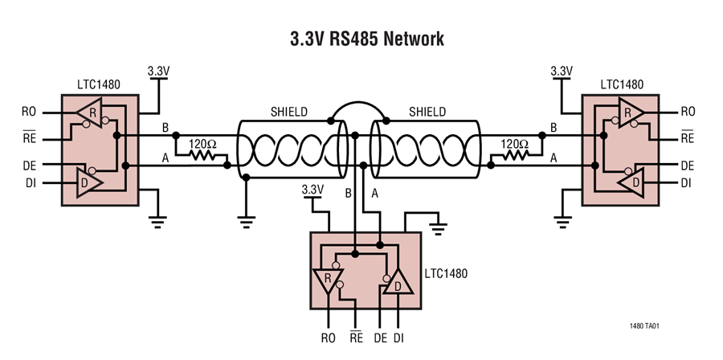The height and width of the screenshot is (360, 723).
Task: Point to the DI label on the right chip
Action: coord(687,183)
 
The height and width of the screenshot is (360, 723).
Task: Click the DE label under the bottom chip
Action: coord(381,338)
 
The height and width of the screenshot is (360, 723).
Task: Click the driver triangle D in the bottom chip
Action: coord(394,284)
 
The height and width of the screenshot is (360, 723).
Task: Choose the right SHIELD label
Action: coord(428,112)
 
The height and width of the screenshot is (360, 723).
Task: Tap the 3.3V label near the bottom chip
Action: coord(312,190)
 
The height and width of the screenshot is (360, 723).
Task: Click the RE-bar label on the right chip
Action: coord(687,138)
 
